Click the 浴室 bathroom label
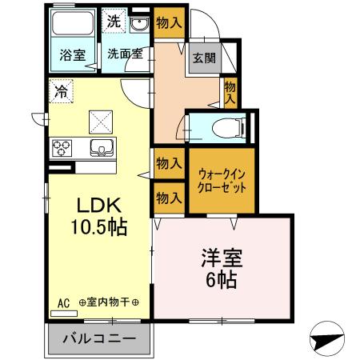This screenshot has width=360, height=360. [73, 55]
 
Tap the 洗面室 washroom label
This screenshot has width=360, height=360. [126, 55]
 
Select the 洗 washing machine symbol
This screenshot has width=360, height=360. [114, 22]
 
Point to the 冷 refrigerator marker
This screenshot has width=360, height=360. [61, 91]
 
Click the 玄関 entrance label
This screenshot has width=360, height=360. [202, 58]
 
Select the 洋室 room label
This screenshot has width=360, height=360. [218, 260]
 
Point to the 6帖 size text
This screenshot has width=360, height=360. [218, 282]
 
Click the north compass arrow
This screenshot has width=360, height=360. [328, 339]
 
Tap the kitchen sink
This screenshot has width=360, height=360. [102, 147]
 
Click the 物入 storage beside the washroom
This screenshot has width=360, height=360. [166, 21]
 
